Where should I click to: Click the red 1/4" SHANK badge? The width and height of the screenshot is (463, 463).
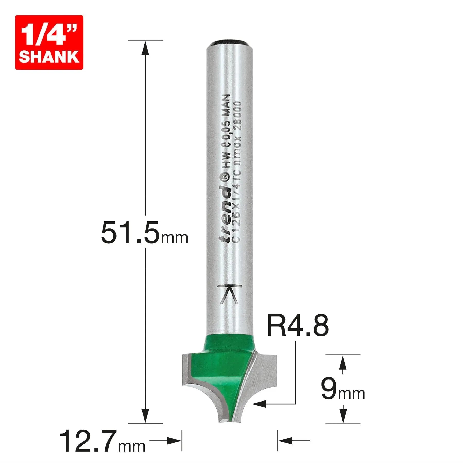pos(49,42)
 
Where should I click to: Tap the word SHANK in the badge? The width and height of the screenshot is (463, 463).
pos(49,57)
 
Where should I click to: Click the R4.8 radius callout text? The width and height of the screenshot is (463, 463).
pos(298,326)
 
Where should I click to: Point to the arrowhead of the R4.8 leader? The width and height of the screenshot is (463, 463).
pos(259,404)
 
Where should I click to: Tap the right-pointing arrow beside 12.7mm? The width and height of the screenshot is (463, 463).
pos(174,441)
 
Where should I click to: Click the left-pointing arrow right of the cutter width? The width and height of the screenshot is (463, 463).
pos(286,441)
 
